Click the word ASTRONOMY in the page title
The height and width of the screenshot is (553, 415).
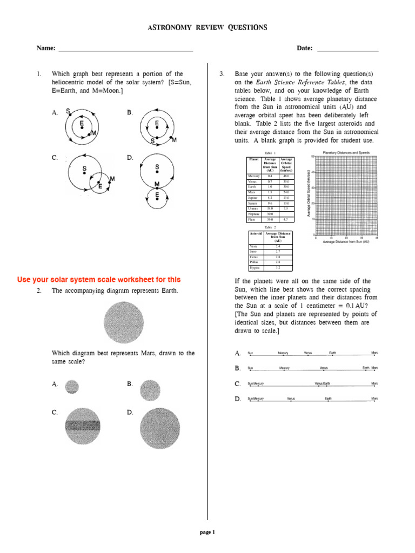[169, 28]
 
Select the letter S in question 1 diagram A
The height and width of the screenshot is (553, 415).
[68, 111]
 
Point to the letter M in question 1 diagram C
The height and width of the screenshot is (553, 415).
[112, 178]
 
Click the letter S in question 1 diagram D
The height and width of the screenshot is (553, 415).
[157, 167]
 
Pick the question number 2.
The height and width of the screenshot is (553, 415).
[39, 291]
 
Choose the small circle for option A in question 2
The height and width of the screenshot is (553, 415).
[72, 387]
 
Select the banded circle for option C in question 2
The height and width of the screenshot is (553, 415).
[83, 426]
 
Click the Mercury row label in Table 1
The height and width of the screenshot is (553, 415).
[253, 176]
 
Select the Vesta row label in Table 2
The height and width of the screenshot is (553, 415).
[253, 246]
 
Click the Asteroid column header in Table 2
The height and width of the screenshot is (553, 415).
[256, 234]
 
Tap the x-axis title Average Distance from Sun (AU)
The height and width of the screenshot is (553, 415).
[346, 242]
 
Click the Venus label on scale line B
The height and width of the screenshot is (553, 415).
[324, 368]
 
